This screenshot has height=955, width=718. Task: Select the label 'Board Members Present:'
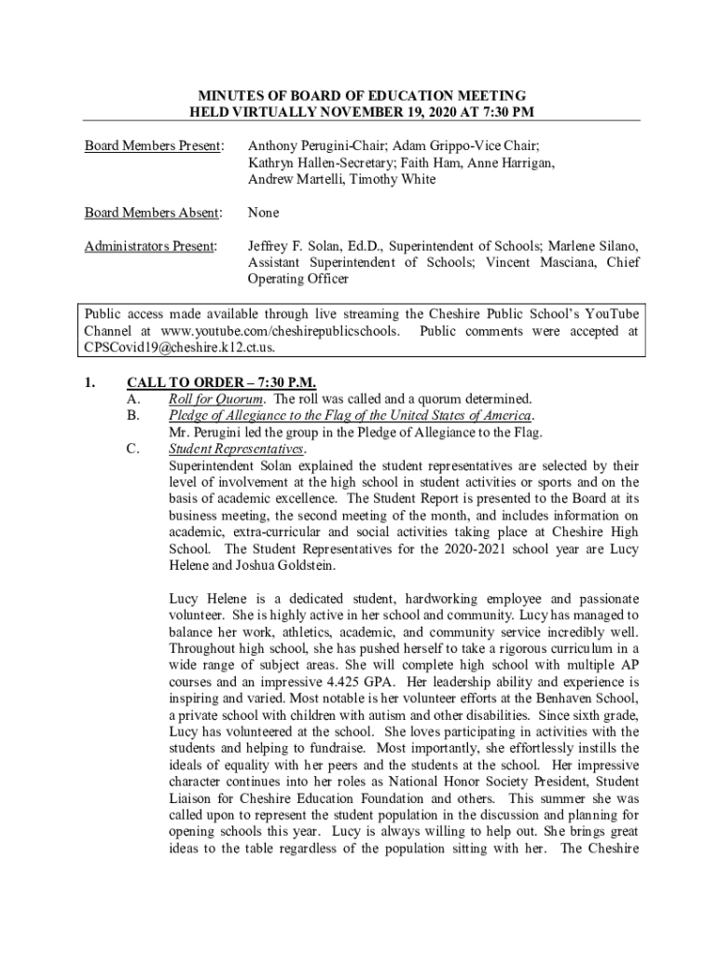[x=154, y=146]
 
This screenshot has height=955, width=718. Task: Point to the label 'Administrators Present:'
[x=151, y=246]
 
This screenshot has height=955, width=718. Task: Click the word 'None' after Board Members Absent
[x=263, y=214]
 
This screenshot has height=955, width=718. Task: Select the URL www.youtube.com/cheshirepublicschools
[x=280, y=331]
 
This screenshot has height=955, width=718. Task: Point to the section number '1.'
[x=90, y=382]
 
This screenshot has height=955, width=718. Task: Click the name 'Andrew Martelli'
[x=292, y=179]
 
